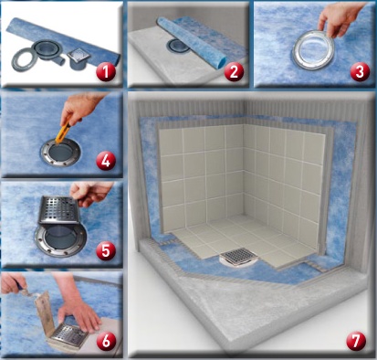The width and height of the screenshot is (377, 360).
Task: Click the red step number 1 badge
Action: pos(105,72)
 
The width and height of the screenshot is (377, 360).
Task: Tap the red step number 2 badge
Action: pos(234,72)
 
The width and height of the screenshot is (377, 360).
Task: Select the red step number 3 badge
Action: pos(360,72)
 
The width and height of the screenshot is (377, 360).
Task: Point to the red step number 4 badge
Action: pos(106,161)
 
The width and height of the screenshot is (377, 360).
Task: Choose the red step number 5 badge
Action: pos(106,251)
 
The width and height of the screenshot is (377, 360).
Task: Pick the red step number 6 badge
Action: pos(107,341)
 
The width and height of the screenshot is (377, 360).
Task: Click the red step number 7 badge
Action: pos(356,341)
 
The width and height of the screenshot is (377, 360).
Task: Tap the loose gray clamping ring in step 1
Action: pos(24,59)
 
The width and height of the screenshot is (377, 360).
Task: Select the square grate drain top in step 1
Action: pos(79,56)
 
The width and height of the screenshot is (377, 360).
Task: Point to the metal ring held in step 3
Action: pos(313,49)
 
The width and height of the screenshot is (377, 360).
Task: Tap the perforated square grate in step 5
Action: pos(59,210)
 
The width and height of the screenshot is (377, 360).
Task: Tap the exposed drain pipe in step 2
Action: pos(176,47)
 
